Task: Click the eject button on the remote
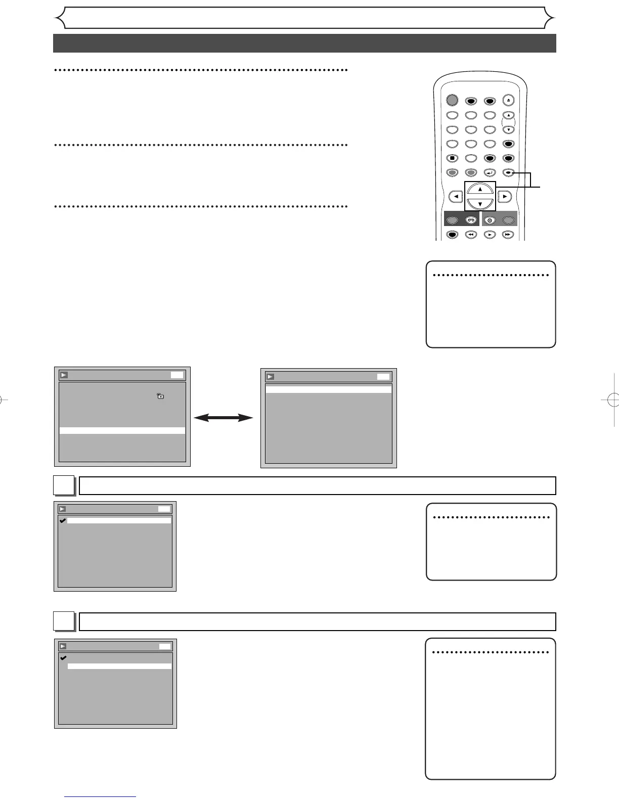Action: pyautogui.click(x=509, y=101)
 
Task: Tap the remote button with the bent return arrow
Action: pyautogui.click(x=490, y=173)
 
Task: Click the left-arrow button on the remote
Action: pyautogui.click(x=456, y=196)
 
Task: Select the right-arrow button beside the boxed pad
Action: pyautogui.click(x=504, y=196)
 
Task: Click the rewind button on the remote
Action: pyautogui.click(x=471, y=235)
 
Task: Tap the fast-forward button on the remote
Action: pyautogui.click(x=508, y=235)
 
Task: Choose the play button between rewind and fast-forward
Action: pyautogui.click(x=490, y=235)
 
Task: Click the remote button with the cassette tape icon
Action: pyautogui.click(x=471, y=220)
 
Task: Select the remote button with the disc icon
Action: pyautogui.click(x=490, y=220)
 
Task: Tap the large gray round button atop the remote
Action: pyautogui.click(x=452, y=100)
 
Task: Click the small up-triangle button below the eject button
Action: pyautogui.click(x=509, y=115)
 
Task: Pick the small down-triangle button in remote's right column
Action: pyautogui.click(x=509, y=129)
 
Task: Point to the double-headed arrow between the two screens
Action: pyautogui.click(x=223, y=418)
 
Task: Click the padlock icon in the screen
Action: pyautogui.click(x=160, y=396)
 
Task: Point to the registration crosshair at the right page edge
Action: pyautogui.click(x=611, y=399)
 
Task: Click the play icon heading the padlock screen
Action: pyautogui.click(x=64, y=375)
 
